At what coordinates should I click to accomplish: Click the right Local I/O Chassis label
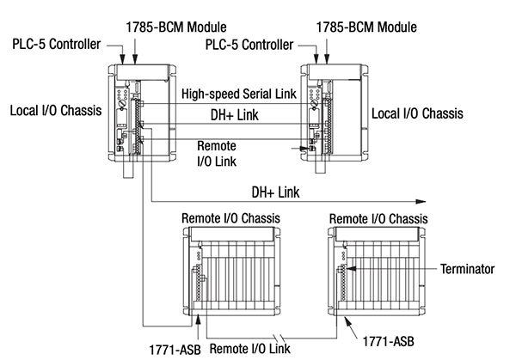click(x=417, y=113)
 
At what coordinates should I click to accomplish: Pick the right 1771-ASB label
click(x=381, y=340)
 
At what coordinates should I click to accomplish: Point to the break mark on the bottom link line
click(x=276, y=335)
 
